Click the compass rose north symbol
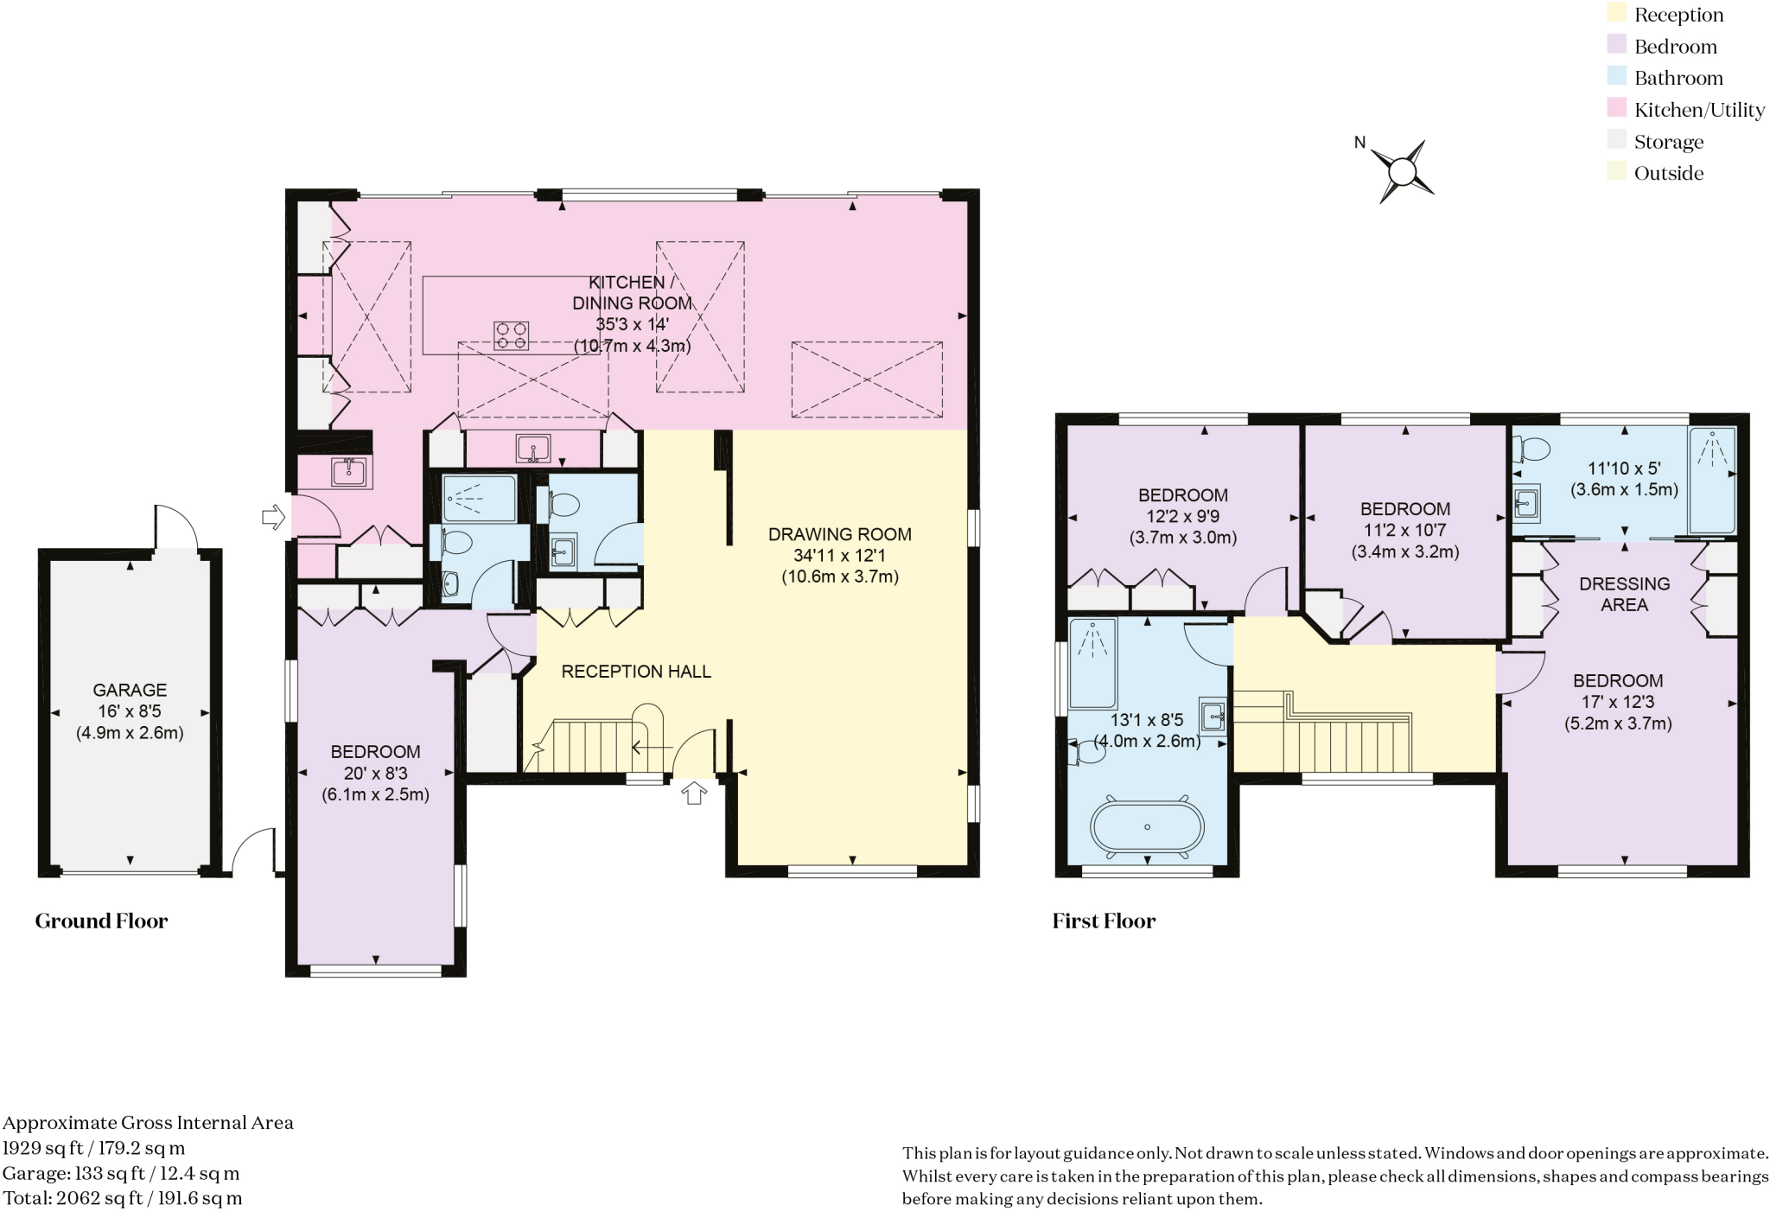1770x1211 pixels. coord(1402,171)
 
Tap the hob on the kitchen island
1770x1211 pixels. coord(511,335)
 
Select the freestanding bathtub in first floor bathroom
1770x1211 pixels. coord(1147,827)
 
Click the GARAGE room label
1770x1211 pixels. coord(130,690)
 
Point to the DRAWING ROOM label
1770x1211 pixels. coord(839,534)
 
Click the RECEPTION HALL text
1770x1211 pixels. coord(636,672)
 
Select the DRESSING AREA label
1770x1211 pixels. coord(1624,594)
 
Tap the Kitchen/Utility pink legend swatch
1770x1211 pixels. coord(1616,108)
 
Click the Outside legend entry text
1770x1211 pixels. coord(1668,173)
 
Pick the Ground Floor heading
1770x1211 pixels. coord(101,921)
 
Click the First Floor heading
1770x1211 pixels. coord(1104,921)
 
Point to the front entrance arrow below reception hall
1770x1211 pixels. coord(694,793)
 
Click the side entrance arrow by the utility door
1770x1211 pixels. coord(273,517)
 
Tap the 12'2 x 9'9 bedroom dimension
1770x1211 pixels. coord(1182,516)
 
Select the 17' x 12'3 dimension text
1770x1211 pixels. coord(1617,702)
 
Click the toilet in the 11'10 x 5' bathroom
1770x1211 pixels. coord(1531,449)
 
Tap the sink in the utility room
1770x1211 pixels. coord(348,471)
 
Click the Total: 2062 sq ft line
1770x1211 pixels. coord(122,1198)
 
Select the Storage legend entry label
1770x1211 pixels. coord(1668,142)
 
